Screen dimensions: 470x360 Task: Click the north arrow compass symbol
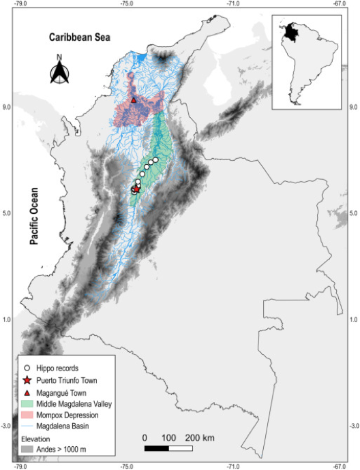point(60,70)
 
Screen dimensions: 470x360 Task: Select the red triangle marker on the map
point(134,100)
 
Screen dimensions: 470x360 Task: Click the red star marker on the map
point(136,189)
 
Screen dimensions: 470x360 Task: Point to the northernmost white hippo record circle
point(155,160)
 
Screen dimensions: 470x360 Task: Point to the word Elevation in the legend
point(37,439)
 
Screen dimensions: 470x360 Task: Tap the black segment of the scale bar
point(156,448)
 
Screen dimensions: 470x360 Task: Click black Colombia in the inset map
point(292,31)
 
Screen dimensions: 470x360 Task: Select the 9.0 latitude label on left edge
point(7,107)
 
